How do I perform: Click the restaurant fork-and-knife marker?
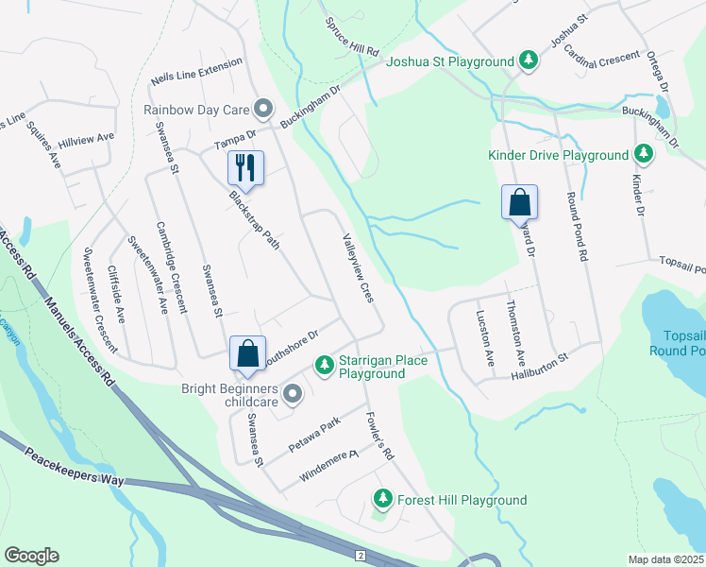pyautogui.click(x=245, y=168)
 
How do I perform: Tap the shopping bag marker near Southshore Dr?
pyautogui.click(x=247, y=353)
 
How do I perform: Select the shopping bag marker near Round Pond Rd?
pyautogui.click(x=519, y=201)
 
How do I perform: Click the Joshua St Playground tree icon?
pyautogui.click(x=529, y=61)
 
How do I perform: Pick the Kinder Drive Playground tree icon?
pyautogui.click(x=644, y=154)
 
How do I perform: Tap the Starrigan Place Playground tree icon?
pyautogui.click(x=324, y=364)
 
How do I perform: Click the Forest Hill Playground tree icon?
pyautogui.click(x=383, y=498)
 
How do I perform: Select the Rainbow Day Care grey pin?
pyautogui.click(x=263, y=109)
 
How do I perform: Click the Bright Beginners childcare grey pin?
pyautogui.click(x=293, y=393)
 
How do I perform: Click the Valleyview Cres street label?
pyautogui.click(x=358, y=269)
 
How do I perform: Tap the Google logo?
pyautogui.click(x=31, y=556)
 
